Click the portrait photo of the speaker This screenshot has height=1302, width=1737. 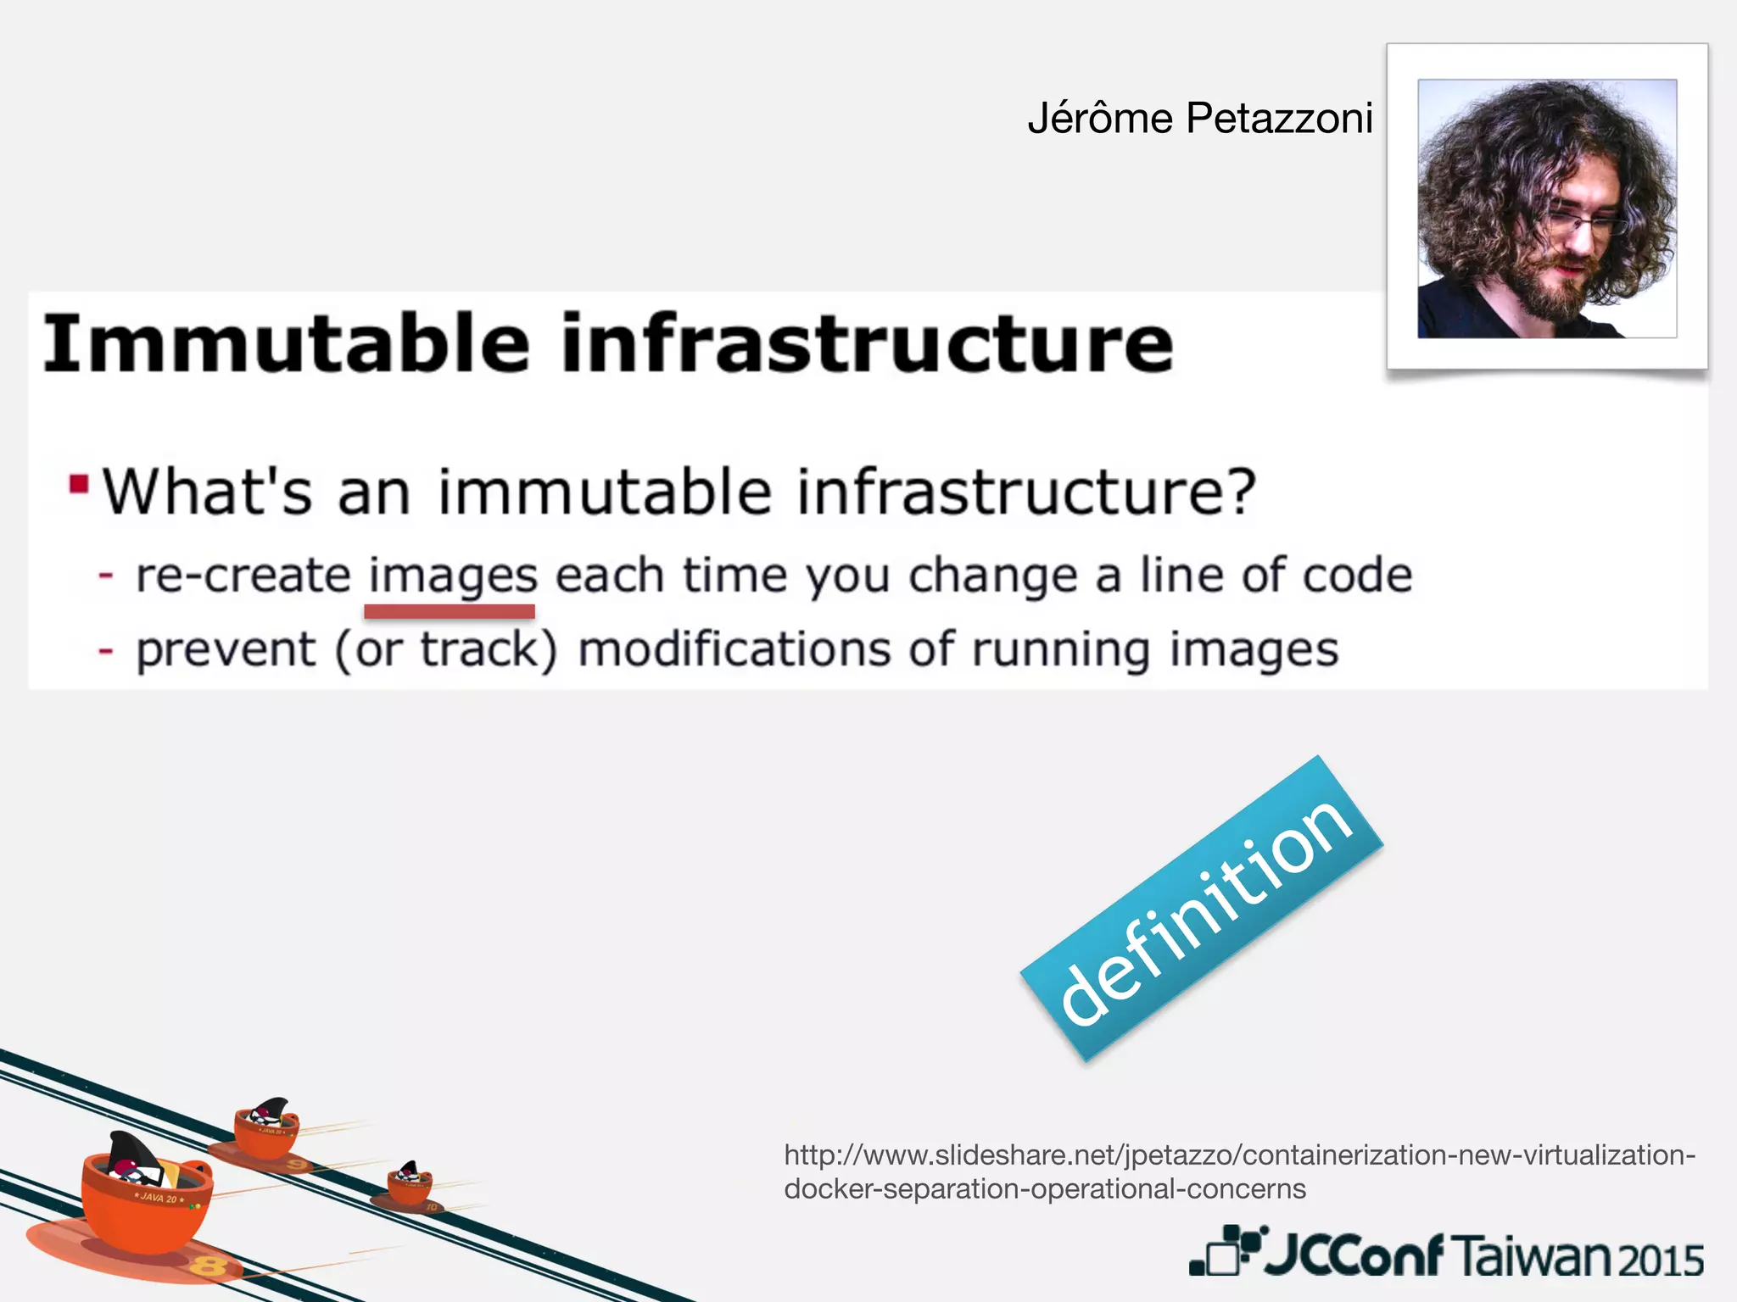(x=1547, y=209)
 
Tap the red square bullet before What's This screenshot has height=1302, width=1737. (x=79, y=484)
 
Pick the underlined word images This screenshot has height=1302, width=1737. (x=453, y=576)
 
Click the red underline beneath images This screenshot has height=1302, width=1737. (x=449, y=611)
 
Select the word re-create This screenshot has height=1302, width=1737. (x=243, y=576)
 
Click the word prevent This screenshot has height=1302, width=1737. (x=226, y=651)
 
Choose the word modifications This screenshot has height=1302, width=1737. (x=734, y=651)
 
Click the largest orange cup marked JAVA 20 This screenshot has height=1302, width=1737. (x=146, y=1199)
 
